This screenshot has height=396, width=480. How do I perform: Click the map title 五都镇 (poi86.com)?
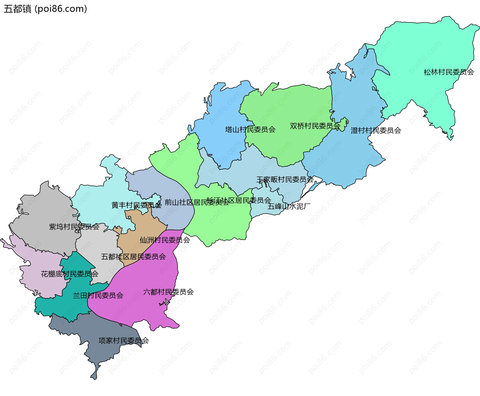pos(45,9)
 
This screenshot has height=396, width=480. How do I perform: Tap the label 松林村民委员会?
pos(449,72)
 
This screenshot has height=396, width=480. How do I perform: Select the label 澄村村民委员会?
pos(376,130)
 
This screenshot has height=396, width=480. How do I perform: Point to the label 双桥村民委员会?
pos(315,126)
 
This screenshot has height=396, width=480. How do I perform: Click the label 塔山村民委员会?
pos(250,129)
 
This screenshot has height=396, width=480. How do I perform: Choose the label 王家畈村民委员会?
pos(285,179)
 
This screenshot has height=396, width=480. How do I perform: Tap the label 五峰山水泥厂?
pos(289,206)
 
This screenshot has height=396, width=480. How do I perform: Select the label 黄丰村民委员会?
pos(136,205)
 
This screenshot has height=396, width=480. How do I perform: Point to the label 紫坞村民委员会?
pos(74,227)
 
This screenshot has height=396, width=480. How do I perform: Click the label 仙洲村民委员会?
pos(165,240)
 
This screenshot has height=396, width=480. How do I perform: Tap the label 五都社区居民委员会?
pos(133,257)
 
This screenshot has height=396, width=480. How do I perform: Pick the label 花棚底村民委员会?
pos(69,274)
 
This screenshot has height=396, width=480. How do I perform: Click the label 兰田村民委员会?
pos(98,296)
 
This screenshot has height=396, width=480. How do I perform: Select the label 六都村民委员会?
pos(168,292)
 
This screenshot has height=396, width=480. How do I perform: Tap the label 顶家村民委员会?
pos(123,340)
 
